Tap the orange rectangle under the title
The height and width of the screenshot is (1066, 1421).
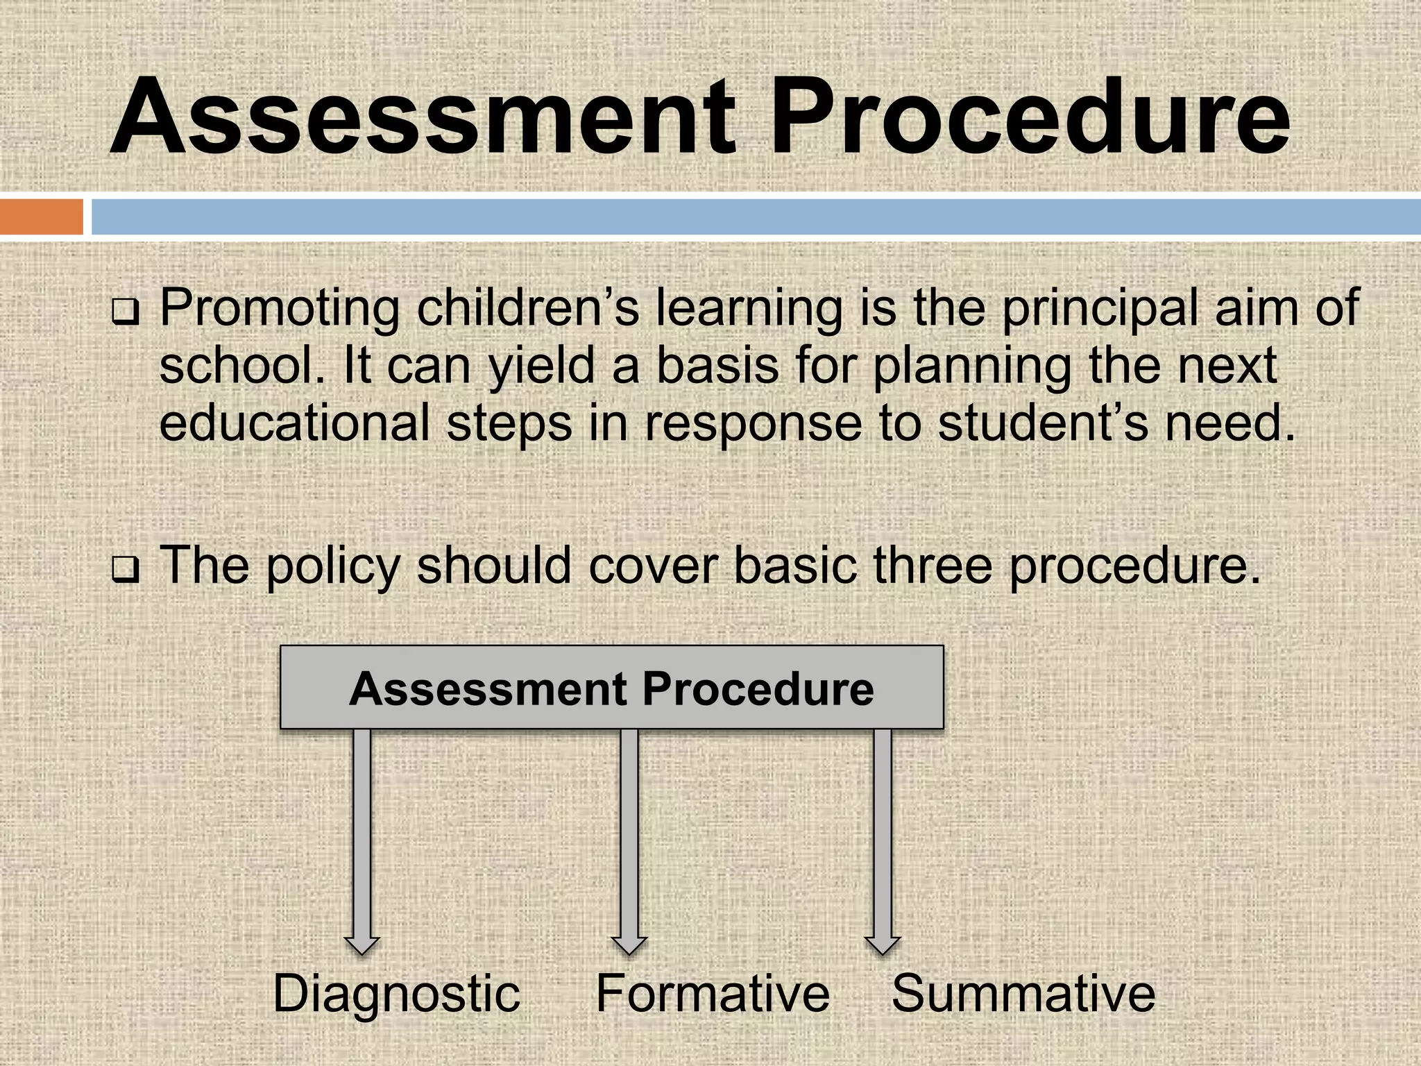(x=41, y=217)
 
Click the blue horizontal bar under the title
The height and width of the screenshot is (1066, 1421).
(x=755, y=217)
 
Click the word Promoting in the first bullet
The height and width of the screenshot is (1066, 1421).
(x=280, y=308)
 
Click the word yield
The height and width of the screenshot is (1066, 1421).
(x=541, y=366)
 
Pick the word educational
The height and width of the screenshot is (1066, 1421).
(x=294, y=423)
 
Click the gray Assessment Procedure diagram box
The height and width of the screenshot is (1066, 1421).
(x=611, y=688)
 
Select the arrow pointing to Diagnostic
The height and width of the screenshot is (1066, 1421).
(x=361, y=840)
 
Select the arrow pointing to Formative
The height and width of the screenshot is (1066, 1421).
(x=629, y=840)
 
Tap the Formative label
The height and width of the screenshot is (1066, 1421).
(x=713, y=993)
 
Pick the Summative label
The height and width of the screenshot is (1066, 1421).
(x=1023, y=993)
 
